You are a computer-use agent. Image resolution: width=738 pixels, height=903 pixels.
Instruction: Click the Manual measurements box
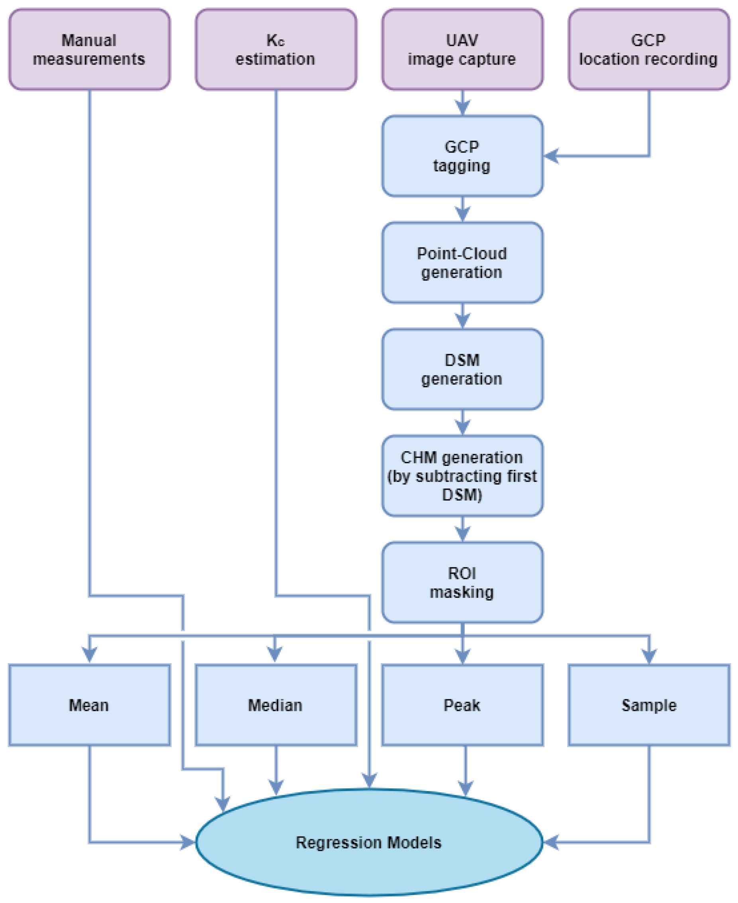point(89,49)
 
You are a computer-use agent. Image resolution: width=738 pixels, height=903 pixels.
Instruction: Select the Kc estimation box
point(276,49)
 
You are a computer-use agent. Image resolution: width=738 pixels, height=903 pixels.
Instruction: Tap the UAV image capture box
point(462,49)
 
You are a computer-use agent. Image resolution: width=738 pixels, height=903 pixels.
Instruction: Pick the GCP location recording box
point(649,49)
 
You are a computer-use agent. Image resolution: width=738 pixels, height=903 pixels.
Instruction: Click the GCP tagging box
point(462,156)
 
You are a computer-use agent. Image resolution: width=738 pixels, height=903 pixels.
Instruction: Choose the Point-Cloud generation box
point(462,263)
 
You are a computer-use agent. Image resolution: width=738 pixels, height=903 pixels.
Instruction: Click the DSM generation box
point(462,369)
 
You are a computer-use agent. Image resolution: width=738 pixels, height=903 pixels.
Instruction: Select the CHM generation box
point(462,476)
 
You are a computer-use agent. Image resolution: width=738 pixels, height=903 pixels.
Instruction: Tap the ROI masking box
point(462,583)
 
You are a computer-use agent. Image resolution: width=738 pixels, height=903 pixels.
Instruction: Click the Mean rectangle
point(89,705)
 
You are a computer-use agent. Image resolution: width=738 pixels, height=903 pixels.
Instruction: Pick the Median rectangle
point(276,705)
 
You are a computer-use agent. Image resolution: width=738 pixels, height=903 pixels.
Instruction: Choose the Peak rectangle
point(462,705)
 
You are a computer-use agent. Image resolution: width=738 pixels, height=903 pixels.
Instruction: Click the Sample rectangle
point(649,705)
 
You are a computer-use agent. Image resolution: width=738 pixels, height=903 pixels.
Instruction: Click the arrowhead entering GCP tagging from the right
point(551,156)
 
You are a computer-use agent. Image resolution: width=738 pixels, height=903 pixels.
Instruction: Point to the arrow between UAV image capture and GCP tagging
point(462,102)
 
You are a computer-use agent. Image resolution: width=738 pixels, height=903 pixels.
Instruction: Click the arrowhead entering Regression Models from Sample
point(551,842)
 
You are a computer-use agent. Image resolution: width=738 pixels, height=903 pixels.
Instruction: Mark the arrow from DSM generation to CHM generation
point(462,422)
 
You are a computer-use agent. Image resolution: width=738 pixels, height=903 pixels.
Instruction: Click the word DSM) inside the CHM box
point(462,495)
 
